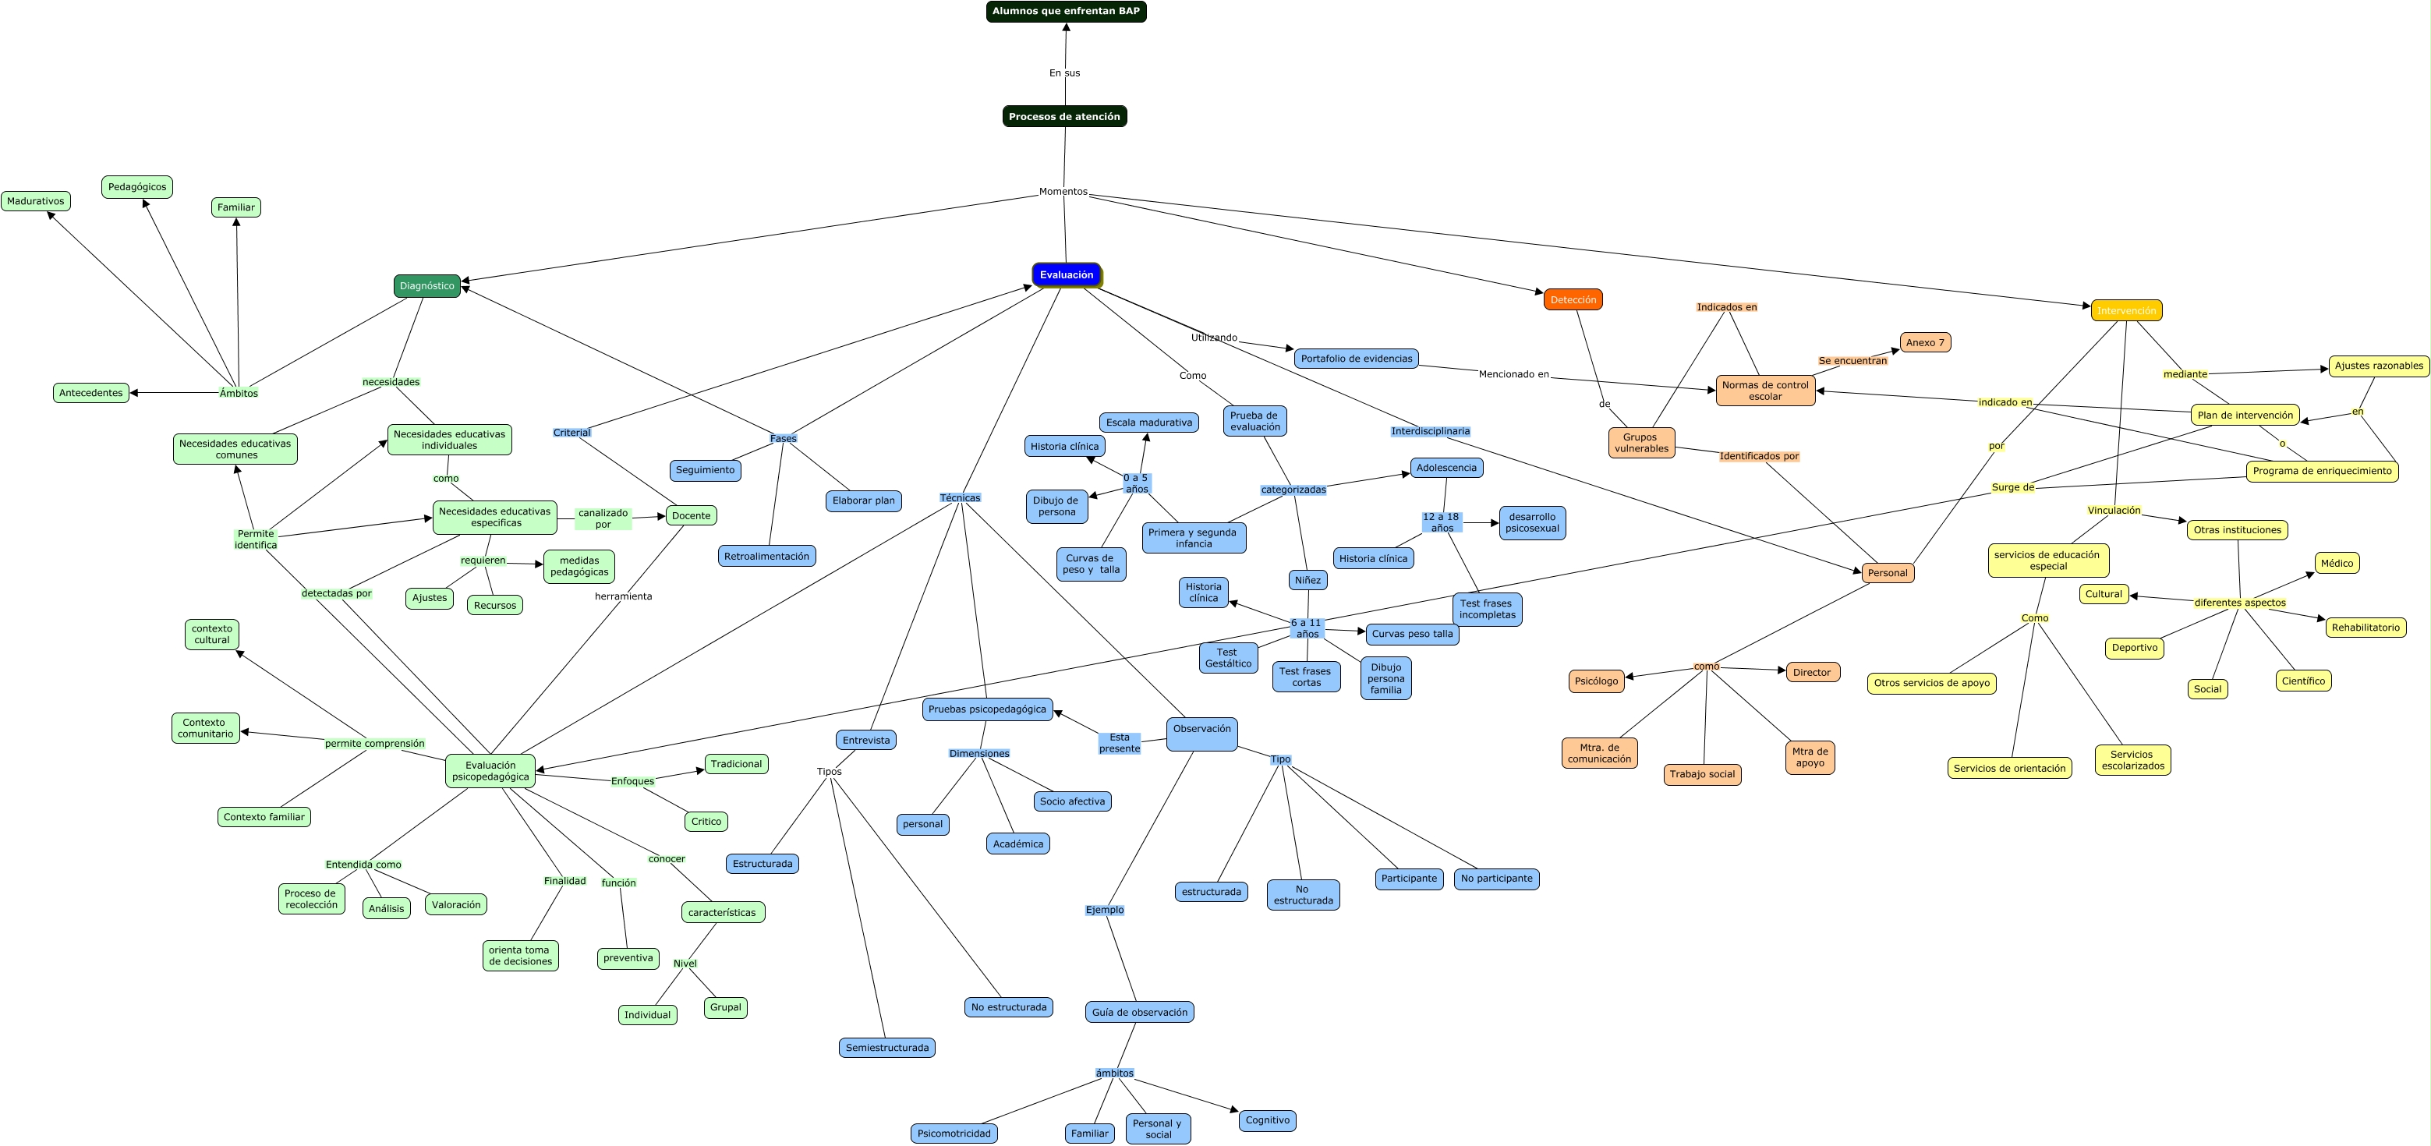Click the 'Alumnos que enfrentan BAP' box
click(x=1066, y=12)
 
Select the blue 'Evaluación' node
click(x=1067, y=274)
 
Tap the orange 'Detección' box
click(x=1573, y=299)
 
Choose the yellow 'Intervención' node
click(x=2126, y=310)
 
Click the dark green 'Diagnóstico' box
click(x=426, y=286)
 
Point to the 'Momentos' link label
click(x=1063, y=192)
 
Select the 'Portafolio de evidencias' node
click(x=1356, y=359)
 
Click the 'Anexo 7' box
click(x=1925, y=343)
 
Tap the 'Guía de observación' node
click(x=1139, y=1012)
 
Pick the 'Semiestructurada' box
click(x=886, y=1048)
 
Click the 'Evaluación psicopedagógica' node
click(x=490, y=771)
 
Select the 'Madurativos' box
click(x=36, y=201)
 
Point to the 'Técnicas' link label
click(x=960, y=497)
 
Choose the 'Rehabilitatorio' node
click(x=2365, y=628)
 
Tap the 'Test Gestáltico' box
click(x=1228, y=658)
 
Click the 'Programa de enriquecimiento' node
click(x=2322, y=471)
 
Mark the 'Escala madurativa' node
click(x=1148, y=423)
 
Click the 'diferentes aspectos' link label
click(x=2239, y=603)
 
